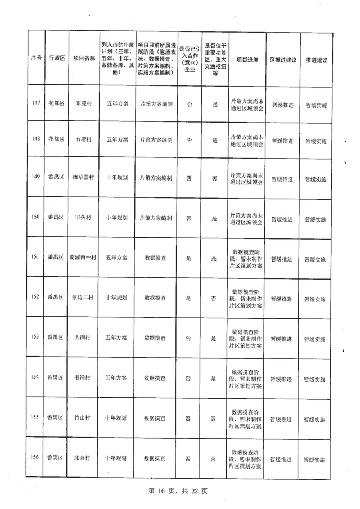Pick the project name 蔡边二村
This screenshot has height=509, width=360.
(x=82, y=297)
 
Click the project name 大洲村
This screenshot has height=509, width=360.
(x=82, y=338)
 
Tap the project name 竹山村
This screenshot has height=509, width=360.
(x=82, y=418)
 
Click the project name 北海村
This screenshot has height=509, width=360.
(x=82, y=458)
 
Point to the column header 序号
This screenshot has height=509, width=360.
(x=37, y=58)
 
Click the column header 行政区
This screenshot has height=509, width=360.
(x=57, y=58)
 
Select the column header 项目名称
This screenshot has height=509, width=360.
(x=82, y=58)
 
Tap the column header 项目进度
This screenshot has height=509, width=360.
(x=247, y=58)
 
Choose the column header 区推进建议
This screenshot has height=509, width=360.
(x=282, y=58)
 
